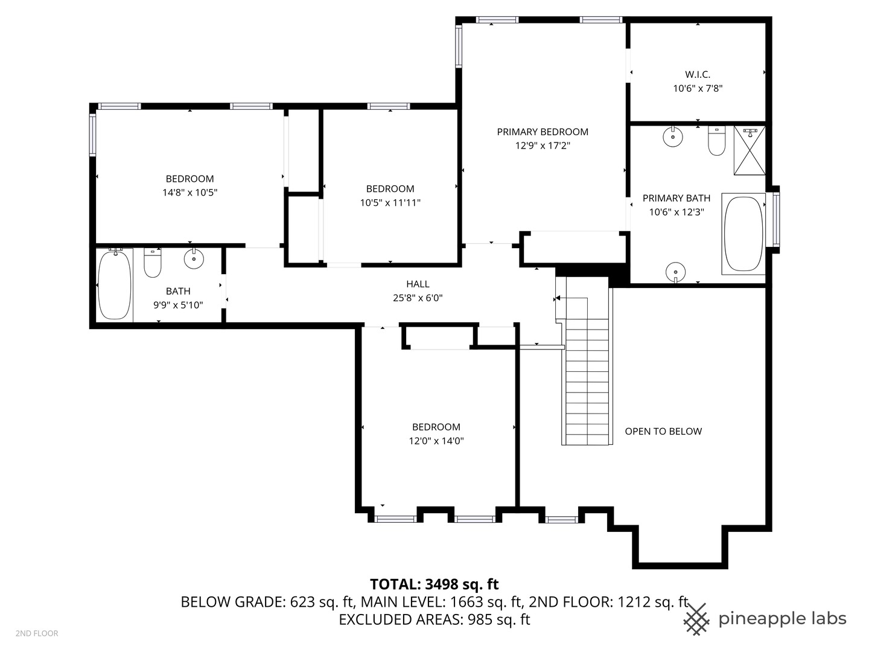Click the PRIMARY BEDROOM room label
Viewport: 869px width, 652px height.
pyautogui.click(x=543, y=132)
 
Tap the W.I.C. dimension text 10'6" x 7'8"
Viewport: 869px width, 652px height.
pyautogui.click(x=698, y=88)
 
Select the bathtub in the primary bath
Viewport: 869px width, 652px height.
pyautogui.click(x=743, y=234)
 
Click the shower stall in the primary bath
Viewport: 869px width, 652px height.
pyautogui.click(x=750, y=150)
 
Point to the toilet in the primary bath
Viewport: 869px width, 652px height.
pyautogui.click(x=716, y=141)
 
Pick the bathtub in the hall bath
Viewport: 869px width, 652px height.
pyautogui.click(x=115, y=284)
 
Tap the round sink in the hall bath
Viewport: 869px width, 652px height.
pyautogui.click(x=194, y=258)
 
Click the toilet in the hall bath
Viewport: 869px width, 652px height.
pyautogui.click(x=153, y=263)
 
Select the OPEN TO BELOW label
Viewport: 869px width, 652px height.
pyautogui.click(x=663, y=431)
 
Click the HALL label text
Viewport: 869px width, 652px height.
pyautogui.click(x=418, y=284)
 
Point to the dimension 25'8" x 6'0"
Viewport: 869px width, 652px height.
pyautogui.click(x=418, y=298)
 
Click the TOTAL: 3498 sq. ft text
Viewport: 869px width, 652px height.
pyautogui.click(x=434, y=584)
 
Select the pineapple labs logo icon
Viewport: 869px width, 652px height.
pyautogui.click(x=696, y=619)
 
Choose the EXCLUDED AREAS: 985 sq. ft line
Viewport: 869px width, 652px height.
pyautogui.click(x=434, y=619)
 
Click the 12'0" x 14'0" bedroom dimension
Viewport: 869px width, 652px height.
pyautogui.click(x=436, y=441)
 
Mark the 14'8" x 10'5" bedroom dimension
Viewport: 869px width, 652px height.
pyautogui.click(x=190, y=193)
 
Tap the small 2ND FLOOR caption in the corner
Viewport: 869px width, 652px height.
pyautogui.click(x=37, y=633)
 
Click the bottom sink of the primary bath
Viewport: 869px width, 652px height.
pyautogui.click(x=675, y=272)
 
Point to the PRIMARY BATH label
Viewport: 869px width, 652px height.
pyautogui.click(x=676, y=198)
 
